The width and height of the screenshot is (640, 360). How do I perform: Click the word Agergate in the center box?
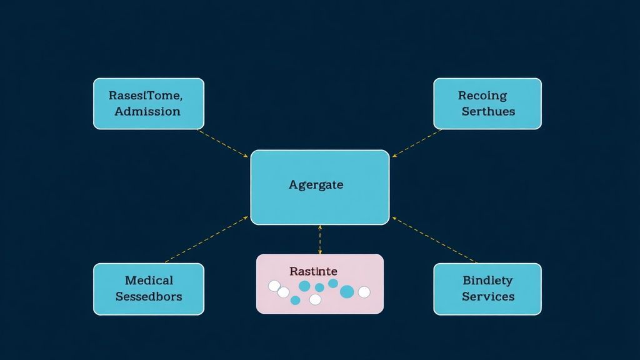coord(316,185)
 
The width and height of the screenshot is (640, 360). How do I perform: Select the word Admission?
coord(147,111)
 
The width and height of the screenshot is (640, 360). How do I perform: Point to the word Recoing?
coord(482,96)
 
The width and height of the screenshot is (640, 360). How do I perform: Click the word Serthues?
coord(488,111)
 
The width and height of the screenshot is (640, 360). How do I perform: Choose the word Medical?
coord(149,281)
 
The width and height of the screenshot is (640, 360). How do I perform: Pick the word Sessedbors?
coord(149,296)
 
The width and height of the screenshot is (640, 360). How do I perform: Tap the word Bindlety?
coord(487,281)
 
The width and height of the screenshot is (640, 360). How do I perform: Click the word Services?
coord(488,296)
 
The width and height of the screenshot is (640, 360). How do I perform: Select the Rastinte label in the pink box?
coord(313,271)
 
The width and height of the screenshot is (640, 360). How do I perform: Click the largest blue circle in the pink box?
coord(347,291)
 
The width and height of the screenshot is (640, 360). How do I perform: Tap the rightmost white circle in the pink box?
coord(364,292)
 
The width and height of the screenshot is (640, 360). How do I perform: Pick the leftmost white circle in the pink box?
coord(274,286)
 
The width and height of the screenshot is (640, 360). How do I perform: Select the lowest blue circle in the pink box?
coord(296,300)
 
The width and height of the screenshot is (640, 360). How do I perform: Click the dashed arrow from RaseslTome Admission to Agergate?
coord(224,144)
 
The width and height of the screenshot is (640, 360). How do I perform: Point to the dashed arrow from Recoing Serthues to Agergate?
coord(417,143)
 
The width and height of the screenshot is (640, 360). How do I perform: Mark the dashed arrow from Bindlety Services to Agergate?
coord(434,239)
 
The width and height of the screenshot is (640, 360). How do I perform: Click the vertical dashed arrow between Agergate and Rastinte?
coord(320,239)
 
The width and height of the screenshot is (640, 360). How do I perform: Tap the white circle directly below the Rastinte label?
coord(315,299)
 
